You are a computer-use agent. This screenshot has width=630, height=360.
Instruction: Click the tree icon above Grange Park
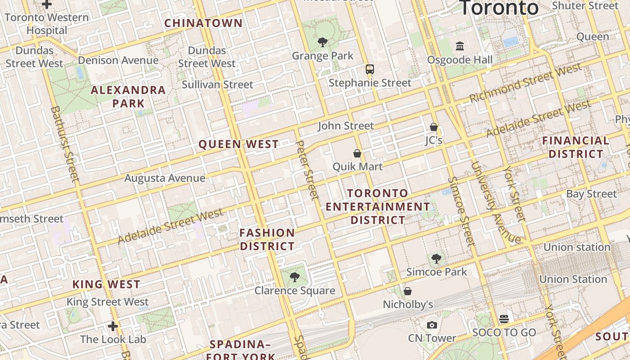(x=322, y=43)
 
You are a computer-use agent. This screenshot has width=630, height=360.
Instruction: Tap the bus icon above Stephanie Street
(x=369, y=69)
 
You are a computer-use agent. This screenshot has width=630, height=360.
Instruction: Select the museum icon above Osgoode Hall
(x=460, y=46)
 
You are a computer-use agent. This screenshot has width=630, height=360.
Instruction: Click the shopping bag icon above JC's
(x=434, y=127)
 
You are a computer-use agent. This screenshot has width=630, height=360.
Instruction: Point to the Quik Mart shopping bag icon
(x=357, y=153)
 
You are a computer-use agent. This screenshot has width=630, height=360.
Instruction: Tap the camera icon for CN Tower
(x=432, y=325)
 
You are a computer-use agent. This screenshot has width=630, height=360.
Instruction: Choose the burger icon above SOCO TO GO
(x=504, y=319)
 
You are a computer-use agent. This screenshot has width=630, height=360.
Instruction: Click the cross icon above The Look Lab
(x=113, y=326)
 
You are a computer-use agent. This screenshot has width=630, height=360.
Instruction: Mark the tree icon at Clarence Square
(x=295, y=277)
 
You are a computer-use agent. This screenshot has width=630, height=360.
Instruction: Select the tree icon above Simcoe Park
(x=436, y=258)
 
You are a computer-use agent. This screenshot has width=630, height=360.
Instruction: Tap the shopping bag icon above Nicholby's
(x=408, y=291)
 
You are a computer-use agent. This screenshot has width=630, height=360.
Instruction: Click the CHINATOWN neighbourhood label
(x=203, y=23)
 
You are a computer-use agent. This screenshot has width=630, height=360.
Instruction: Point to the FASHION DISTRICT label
(x=267, y=239)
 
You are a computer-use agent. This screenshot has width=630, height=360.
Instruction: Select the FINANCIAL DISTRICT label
(x=576, y=147)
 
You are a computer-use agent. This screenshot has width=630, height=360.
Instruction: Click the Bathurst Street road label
(x=66, y=144)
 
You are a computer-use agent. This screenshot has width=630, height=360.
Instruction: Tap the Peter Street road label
(x=308, y=170)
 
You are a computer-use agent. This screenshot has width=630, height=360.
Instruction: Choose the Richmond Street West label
(x=526, y=83)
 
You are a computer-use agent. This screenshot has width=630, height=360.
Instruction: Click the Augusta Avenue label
(x=165, y=178)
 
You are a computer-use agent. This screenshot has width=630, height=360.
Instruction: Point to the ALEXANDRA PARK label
(x=128, y=97)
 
